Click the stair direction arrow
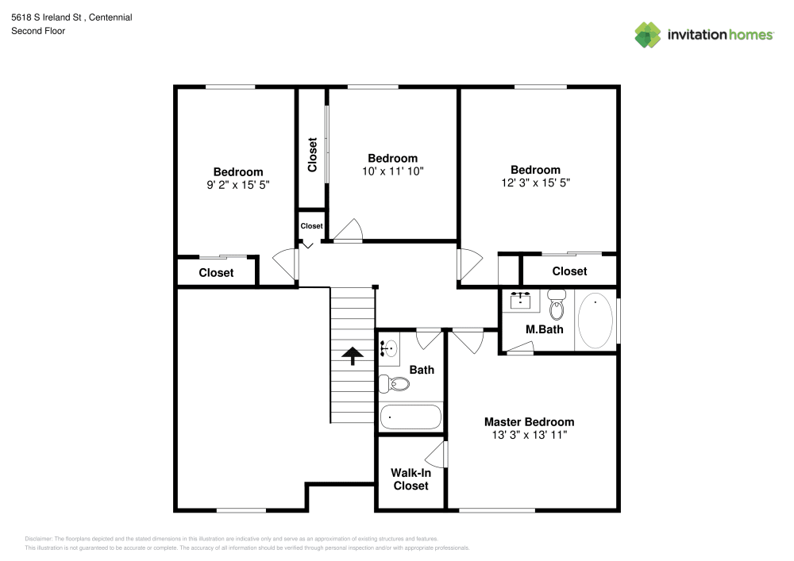pos(353,355)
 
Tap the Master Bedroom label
pos(529,422)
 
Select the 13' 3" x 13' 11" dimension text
pos(529,435)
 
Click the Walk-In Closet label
pos(410,479)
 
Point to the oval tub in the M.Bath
pos(595,321)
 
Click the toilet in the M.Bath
pos(557,305)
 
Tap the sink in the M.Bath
pos(520,300)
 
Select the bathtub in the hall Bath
pos(410,417)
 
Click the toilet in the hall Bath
pos(394,384)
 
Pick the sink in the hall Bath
pos(389,348)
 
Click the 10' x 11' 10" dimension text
pos(392,171)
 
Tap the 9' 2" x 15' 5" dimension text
pos(238,185)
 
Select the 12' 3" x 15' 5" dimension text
pos(536,183)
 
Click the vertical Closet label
pos(312,155)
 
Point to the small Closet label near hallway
pos(311,226)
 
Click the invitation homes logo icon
pos(648,35)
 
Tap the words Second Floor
pos(38,31)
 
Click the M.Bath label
pos(545,329)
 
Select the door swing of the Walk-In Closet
pos(437,454)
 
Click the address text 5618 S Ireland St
pos(46,17)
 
